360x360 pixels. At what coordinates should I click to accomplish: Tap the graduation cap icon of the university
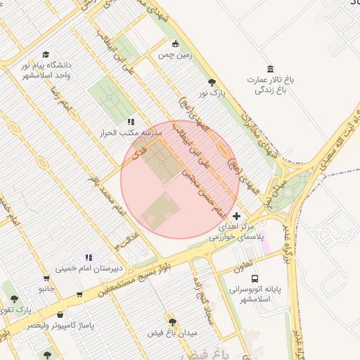pos(46,54)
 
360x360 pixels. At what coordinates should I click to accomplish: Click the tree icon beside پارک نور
pos(212,83)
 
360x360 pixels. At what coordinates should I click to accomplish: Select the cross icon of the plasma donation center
pos(236,216)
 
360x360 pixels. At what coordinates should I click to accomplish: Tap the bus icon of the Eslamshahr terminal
pos(254,278)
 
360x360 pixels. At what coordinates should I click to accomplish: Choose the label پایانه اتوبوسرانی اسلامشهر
pos(254,294)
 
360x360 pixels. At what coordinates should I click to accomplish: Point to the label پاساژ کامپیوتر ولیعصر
pos(60,326)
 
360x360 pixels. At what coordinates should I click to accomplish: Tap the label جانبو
pos(46,288)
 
